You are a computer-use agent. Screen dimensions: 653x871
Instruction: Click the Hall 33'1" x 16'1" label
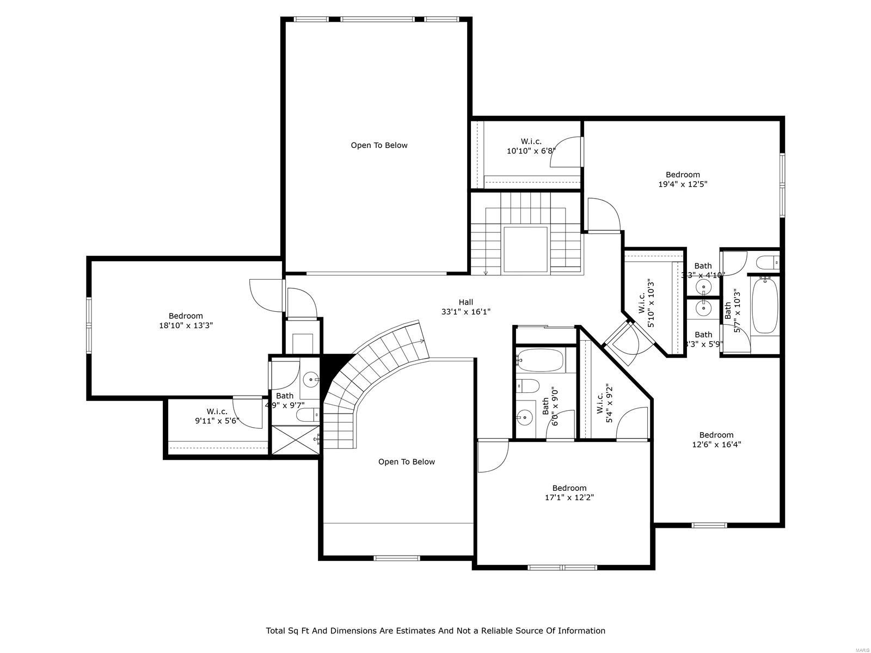pyautogui.click(x=466, y=307)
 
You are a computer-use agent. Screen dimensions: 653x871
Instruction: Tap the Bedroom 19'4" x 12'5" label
pyautogui.click(x=683, y=179)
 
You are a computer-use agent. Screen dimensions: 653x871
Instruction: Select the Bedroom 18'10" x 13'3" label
pyautogui.click(x=186, y=321)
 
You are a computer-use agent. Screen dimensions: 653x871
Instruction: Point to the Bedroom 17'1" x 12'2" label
pyautogui.click(x=569, y=492)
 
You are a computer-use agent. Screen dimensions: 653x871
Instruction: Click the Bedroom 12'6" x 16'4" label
pyautogui.click(x=716, y=439)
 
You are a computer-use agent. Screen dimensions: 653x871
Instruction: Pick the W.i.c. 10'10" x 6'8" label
pyautogui.click(x=531, y=146)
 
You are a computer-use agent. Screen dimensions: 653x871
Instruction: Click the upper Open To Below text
pyautogui.click(x=379, y=145)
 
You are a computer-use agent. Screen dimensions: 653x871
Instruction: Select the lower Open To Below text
pyautogui.click(x=407, y=462)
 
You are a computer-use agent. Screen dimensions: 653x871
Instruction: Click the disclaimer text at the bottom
pyautogui.click(x=436, y=631)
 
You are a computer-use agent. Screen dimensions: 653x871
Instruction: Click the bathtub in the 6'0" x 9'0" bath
pyautogui.click(x=540, y=360)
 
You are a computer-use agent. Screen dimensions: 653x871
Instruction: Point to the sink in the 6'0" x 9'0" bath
pyautogui.click(x=524, y=418)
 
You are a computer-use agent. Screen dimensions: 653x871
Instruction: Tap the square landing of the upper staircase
pyautogui.click(x=525, y=249)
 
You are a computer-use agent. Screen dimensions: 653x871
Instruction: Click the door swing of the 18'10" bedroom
pyautogui.click(x=265, y=294)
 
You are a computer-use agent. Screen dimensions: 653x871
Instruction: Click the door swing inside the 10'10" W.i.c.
pyautogui.click(x=566, y=152)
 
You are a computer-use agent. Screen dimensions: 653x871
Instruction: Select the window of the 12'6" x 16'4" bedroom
pyautogui.click(x=709, y=525)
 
